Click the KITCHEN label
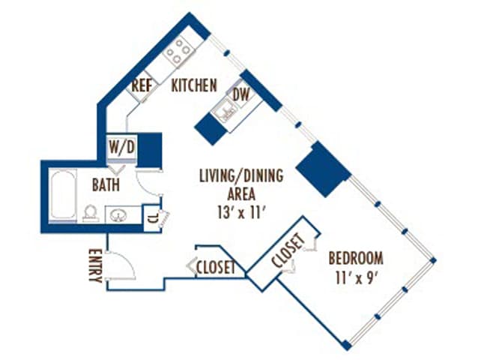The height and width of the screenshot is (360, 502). point(194,85)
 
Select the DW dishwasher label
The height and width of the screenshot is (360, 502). point(241,95)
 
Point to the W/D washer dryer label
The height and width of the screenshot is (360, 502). point(121,147)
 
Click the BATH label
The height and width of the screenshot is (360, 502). point(106,185)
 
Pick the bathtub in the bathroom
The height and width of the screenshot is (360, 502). point(64,194)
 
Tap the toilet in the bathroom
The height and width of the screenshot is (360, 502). point(90,214)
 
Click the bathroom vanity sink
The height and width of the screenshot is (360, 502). point(118,214)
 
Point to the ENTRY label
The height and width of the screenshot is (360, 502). point(95,265)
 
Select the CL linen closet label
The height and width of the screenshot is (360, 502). point(153,219)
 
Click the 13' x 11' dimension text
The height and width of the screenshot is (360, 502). point(242,212)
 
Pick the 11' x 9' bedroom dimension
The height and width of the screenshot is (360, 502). point(355,278)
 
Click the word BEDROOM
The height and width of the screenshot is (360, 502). point(356,259)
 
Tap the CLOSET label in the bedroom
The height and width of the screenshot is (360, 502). point(288,250)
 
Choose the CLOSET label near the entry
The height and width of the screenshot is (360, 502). point(216,267)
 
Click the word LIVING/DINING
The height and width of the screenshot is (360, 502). point(241,175)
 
